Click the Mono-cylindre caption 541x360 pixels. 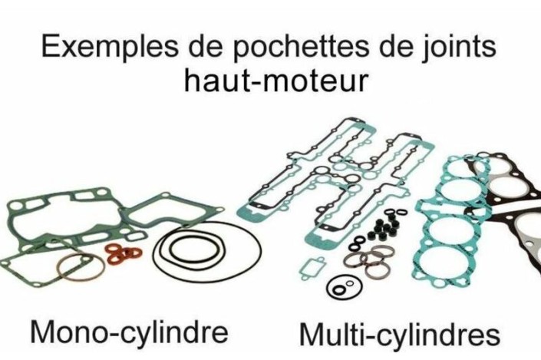point(129,333)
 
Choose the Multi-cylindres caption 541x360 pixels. point(399,335)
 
